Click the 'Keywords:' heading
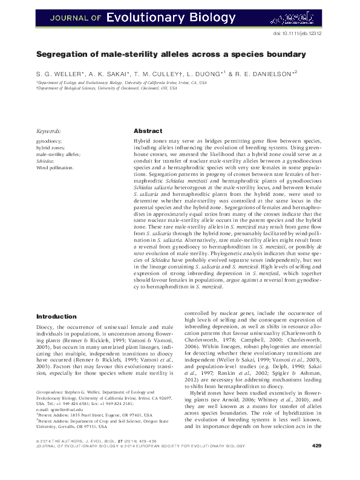tap(49, 131)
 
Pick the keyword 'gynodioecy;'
tap(49, 140)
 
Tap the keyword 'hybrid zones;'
tap(51, 148)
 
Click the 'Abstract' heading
tap(148, 131)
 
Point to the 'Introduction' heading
tap(56, 316)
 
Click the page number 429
tap(316, 462)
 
